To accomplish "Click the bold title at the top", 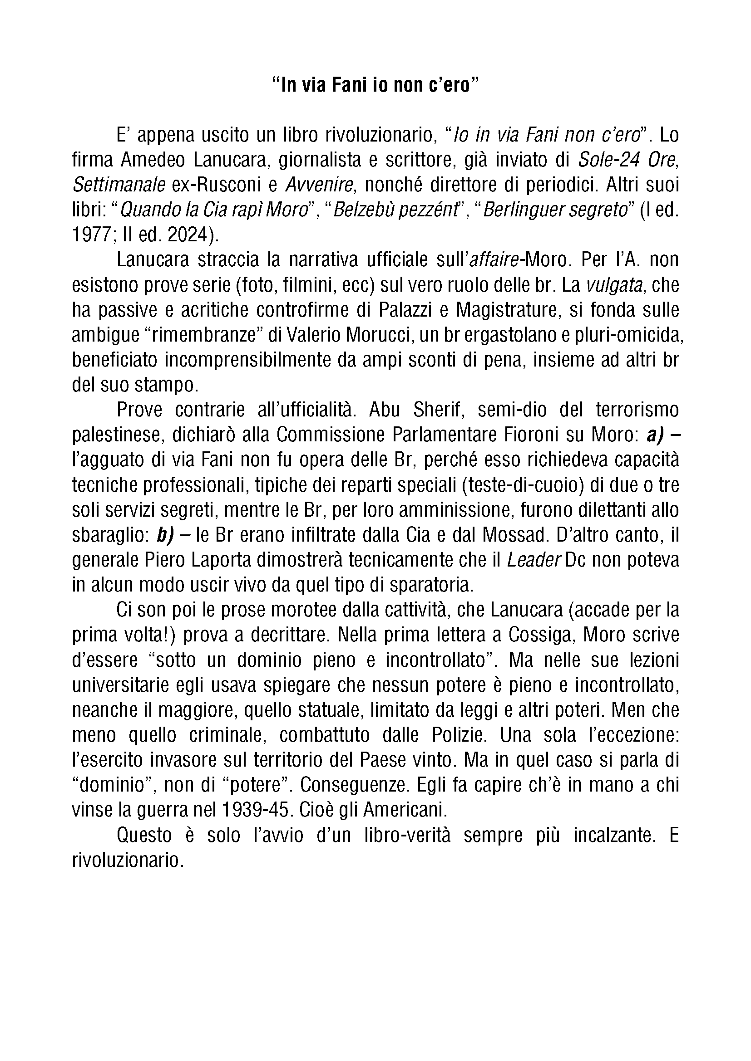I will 375,86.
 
